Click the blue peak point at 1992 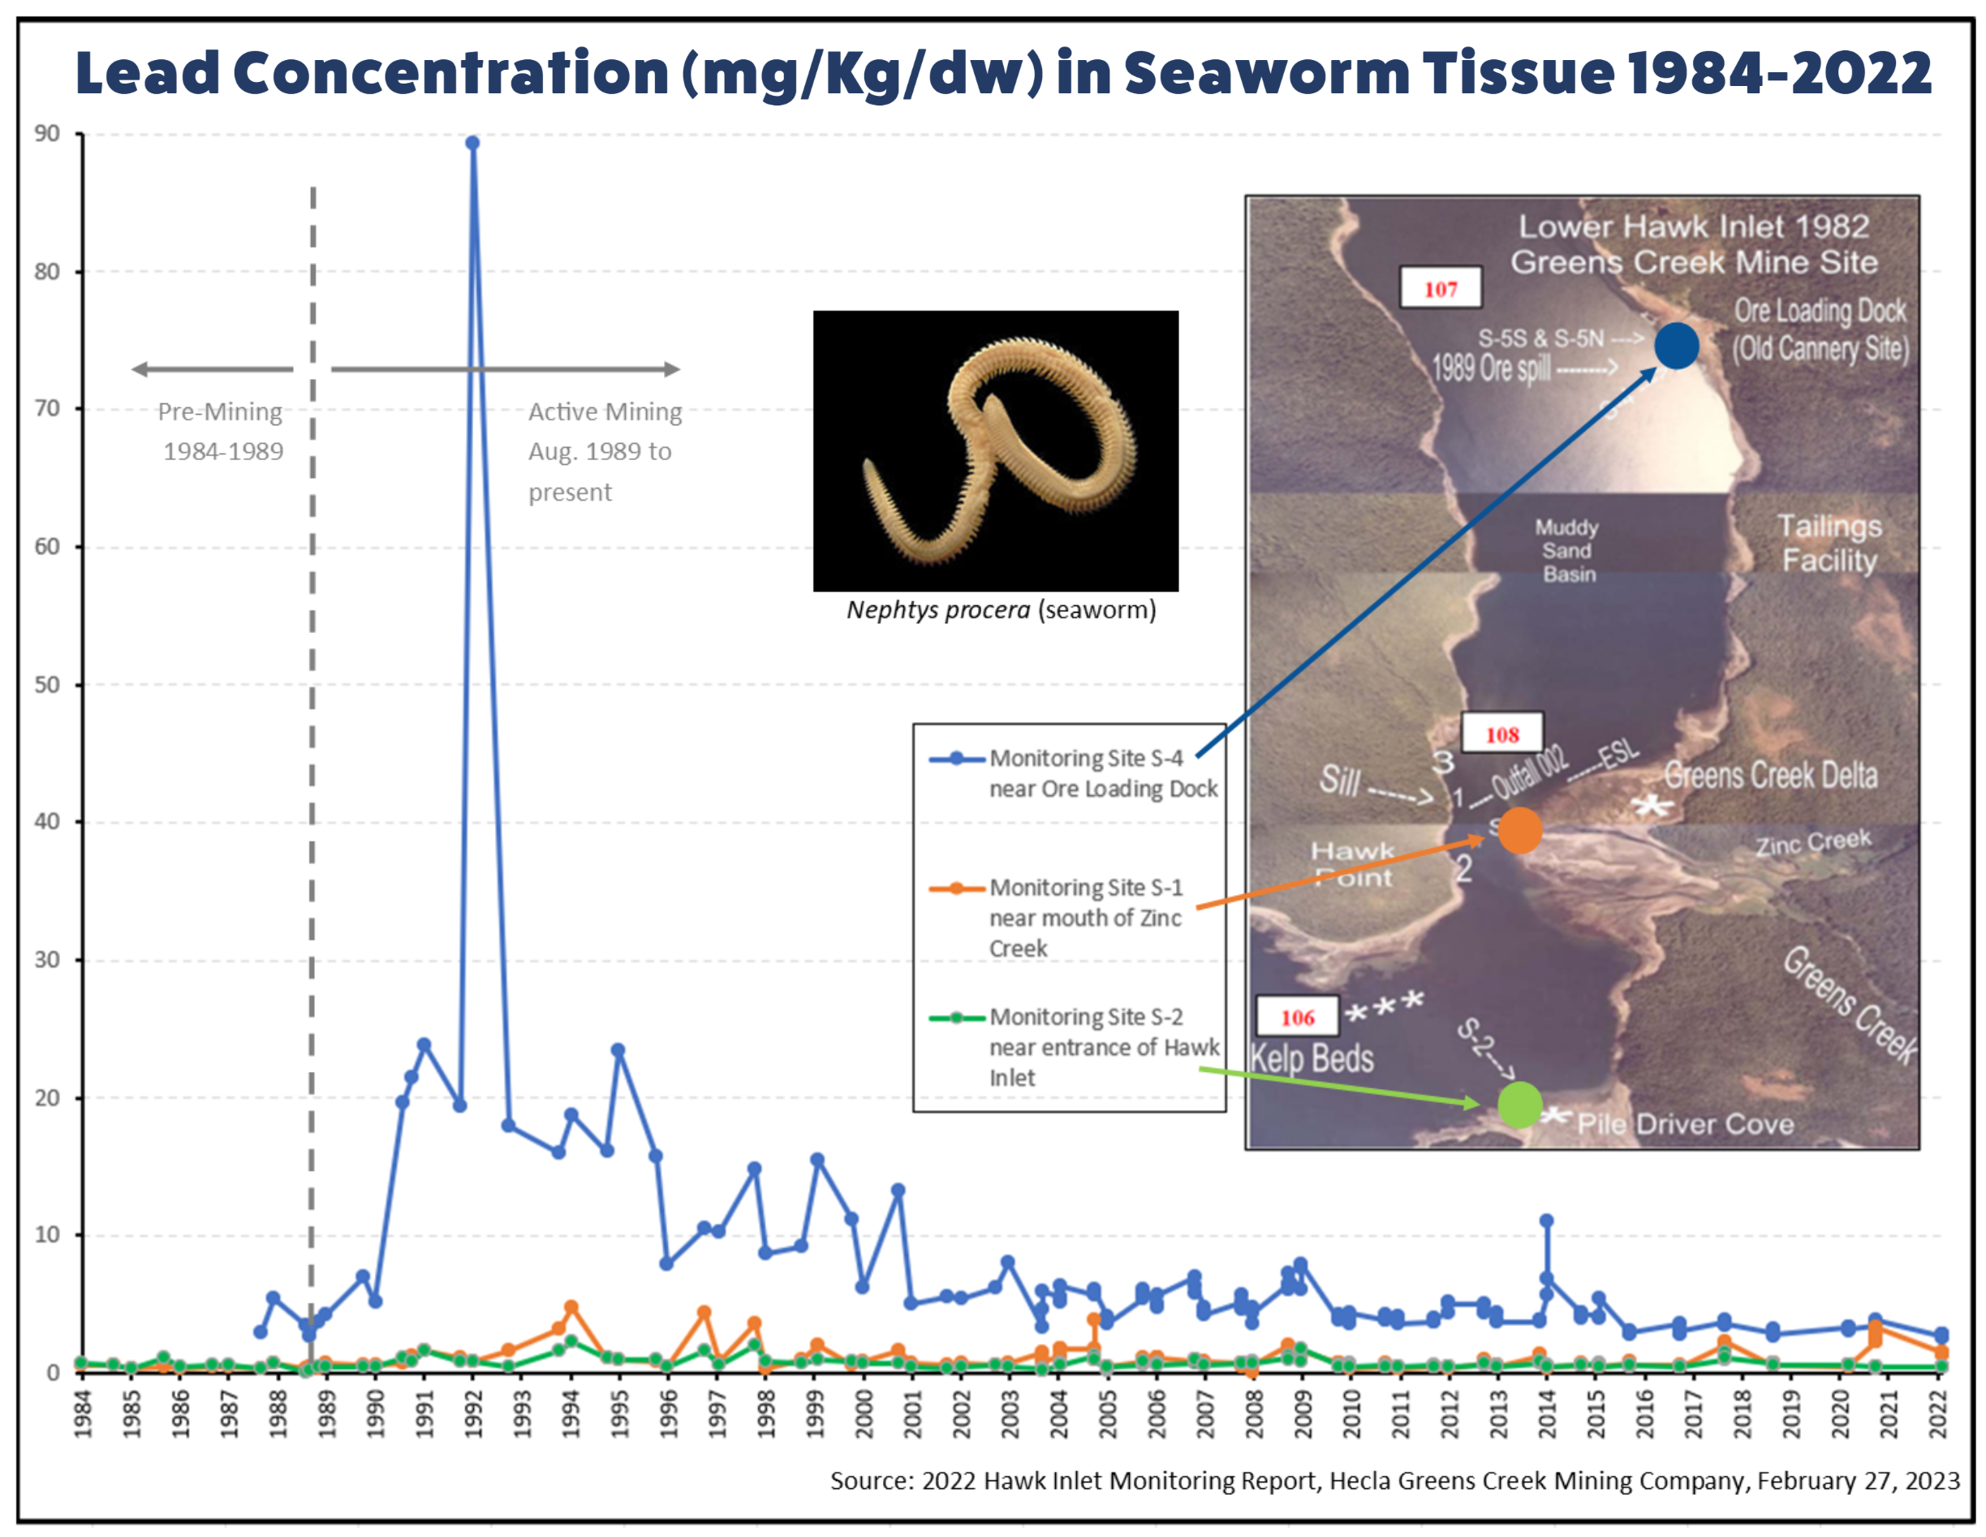472,143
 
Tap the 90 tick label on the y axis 47,134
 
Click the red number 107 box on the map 1441,288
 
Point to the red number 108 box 1502,734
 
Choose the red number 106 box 1298,1017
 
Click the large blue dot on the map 1676,346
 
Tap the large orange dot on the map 1519,829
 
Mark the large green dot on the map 1519,1105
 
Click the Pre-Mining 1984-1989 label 221,431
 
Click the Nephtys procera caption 1000,609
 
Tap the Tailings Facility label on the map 1829,543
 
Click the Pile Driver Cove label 1685,1124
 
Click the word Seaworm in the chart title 1266,73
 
